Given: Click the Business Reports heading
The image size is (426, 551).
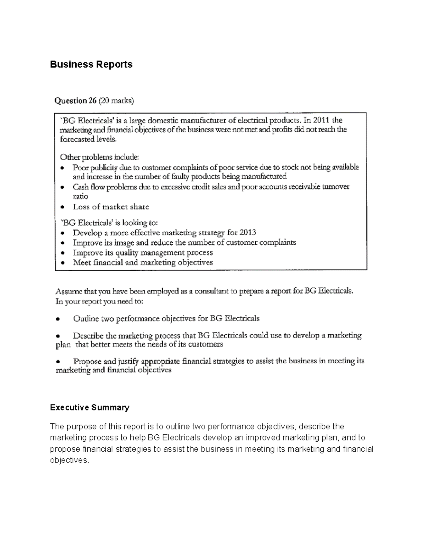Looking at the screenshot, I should pyautogui.click(x=91, y=65).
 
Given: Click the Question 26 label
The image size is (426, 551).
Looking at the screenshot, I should pyautogui.click(x=75, y=101).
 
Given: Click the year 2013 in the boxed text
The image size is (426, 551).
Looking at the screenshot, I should pyautogui.click(x=247, y=233).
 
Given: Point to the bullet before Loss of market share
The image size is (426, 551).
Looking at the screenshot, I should pyautogui.click(x=63, y=207).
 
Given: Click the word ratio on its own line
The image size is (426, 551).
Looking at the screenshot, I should pyautogui.click(x=80, y=196).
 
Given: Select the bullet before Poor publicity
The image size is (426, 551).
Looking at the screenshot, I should pyautogui.click(x=63, y=167).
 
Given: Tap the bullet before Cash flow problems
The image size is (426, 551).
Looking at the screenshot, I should pyautogui.click(x=63, y=187).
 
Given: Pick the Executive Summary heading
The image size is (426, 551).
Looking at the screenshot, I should pyautogui.click(x=89, y=407).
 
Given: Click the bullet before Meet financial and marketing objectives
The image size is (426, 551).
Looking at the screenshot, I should pyautogui.click(x=63, y=263).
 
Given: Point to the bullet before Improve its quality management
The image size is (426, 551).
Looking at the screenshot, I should pyautogui.click(x=63, y=253).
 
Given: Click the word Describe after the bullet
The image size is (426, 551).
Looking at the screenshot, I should pyautogui.click(x=88, y=335).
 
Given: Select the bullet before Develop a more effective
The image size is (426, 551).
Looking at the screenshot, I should pyautogui.click(x=63, y=233).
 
